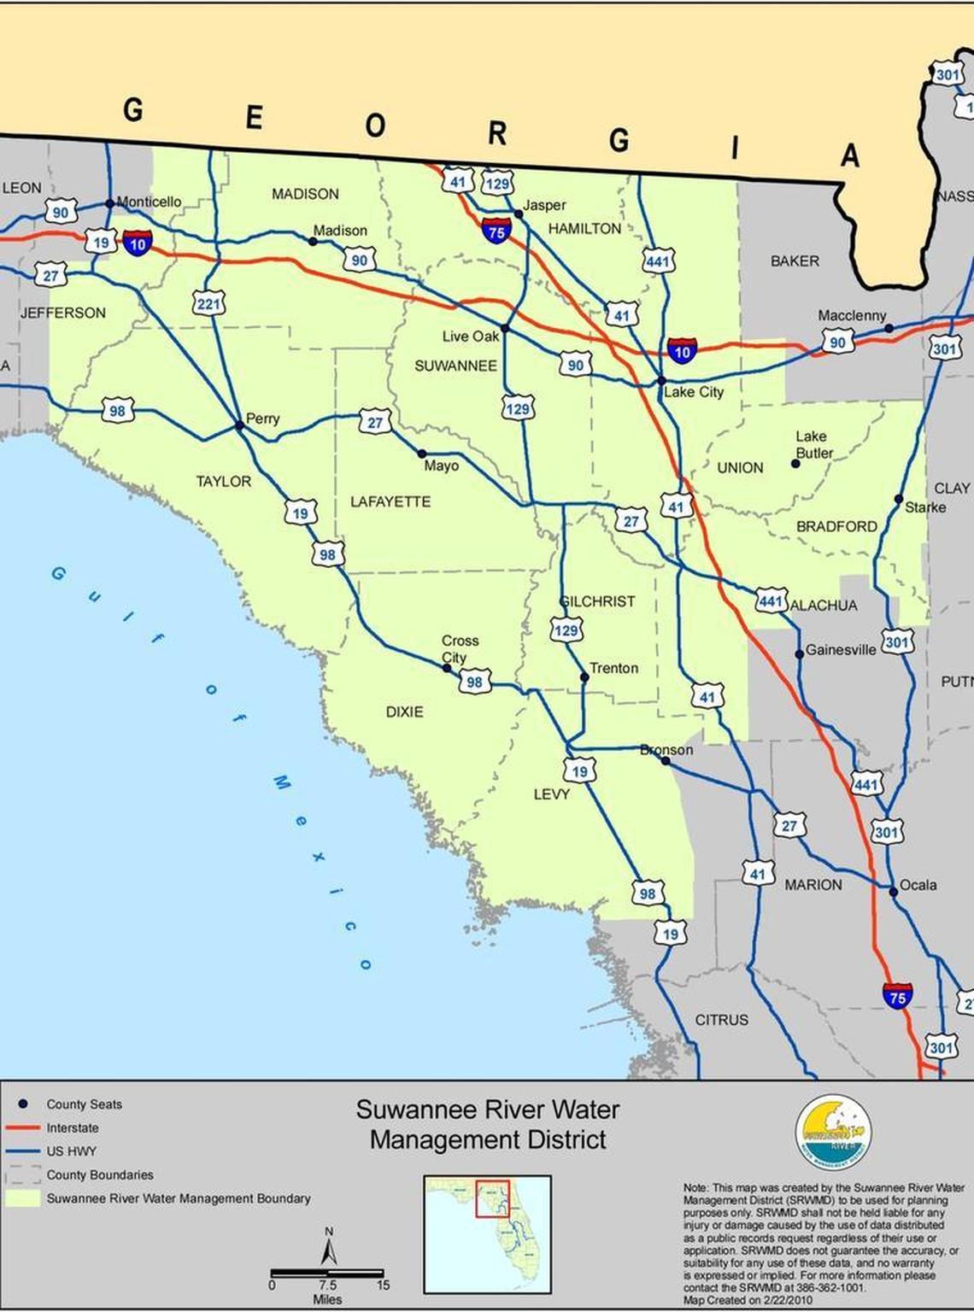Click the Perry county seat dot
pyautogui.click(x=240, y=425)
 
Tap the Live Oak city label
pyautogui.click(x=470, y=337)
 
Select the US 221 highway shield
pyautogui.click(x=209, y=303)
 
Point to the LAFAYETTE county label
pyautogui.click(x=390, y=501)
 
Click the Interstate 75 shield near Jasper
pyautogui.click(x=496, y=231)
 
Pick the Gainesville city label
pyautogui.click(x=841, y=650)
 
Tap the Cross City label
pyautogui.click(x=459, y=648)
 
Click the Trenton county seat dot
pyautogui.click(x=584, y=676)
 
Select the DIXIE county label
pyautogui.click(x=404, y=712)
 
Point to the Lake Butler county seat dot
pyautogui.click(x=795, y=464)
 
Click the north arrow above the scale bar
pyautogui.click(x=329, y=1248)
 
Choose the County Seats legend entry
pyautogui.click(x=84, y=1104)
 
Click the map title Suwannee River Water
pyautogui.click(x=488, y=1110)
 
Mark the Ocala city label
pyautogui.click(x=918, y=885)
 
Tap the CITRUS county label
pyautogui.click(x=721, y=1020)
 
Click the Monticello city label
pyautogui.click(x=149, y=202)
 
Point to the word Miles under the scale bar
pyautogui.click(x=327, y=1299)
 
